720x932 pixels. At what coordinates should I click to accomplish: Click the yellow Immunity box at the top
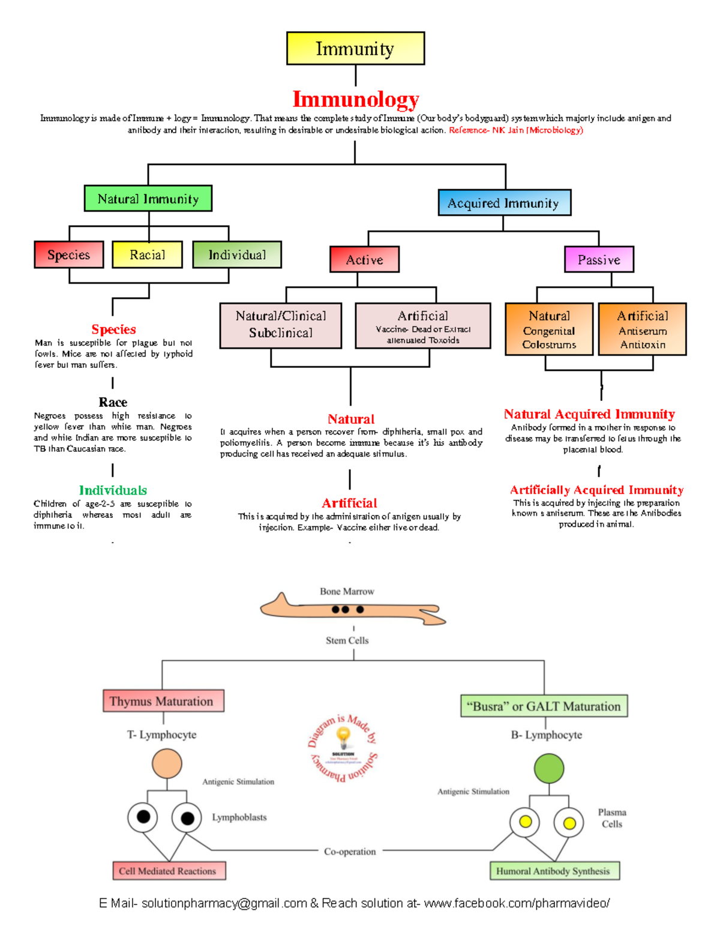pyautogui.click(x=355, y=49)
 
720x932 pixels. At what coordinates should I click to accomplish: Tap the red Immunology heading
pyautogui.click(x=355, y=99)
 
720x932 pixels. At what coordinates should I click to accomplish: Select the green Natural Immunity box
pyautogui.click(x=148, y=199)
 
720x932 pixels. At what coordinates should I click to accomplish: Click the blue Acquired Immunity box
pyautogui.click(x=504, y=203)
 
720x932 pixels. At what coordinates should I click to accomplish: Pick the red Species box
pyautogui.click(x=69, y=254)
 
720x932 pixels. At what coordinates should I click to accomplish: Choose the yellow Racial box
pyautogui.click(x=147, y=254)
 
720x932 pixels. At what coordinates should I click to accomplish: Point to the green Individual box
pyautogui.click(x=237, y=254)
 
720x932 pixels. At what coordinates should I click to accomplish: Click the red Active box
pyautogui.click(x=364, y=259)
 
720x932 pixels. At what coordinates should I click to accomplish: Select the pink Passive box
pyautogui.click(x=599, y=259)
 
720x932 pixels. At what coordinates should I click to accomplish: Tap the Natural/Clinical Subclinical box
pyautogui.click(x=281, y=325)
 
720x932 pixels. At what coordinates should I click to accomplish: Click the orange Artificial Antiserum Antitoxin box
pyautogui.click(x=642, y=329)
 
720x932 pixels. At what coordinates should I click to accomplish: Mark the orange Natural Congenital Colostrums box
pyautogui.click(x=549, y=329)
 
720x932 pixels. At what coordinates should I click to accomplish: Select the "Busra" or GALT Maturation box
pyautogui.click(x=544, y=706)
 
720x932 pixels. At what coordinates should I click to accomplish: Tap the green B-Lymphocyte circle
pyautogui.click(x=549, y=769)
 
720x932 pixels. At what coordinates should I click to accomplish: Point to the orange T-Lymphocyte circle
pyautogui.click(x=167, y=764)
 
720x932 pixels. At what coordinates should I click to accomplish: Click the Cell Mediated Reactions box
pyautogui.click(x=169, y=871)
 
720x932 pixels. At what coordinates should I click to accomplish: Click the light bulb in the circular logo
pyautogui.click(x=343, y=735)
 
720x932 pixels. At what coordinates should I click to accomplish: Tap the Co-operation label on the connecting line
pyautogui.click(x=350, y=852)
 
